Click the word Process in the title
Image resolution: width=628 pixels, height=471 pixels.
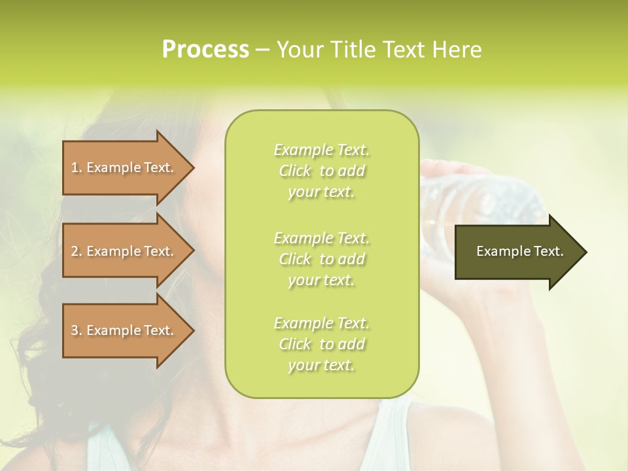pos(205,50)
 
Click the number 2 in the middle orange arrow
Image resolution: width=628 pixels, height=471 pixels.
pos(75,251)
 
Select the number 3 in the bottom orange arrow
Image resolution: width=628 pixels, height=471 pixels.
pos(75,330)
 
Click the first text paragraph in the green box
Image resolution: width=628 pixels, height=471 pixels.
pos(321,171)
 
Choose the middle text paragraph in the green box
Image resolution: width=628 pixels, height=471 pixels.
pos(321,259)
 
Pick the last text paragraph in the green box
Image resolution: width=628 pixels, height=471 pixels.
pos(321,344)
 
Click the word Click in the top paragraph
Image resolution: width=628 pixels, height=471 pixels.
pos(295,171)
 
